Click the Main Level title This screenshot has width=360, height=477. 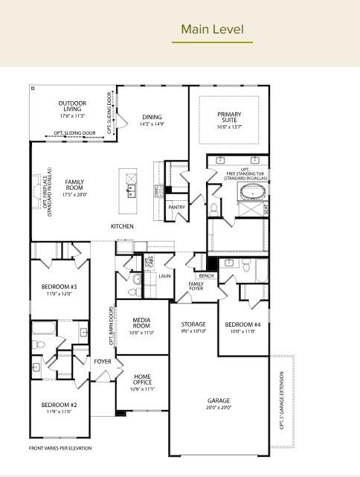click(x=212, y=30)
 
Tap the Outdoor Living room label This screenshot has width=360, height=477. click(x=72, y=106)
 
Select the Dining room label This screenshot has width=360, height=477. click(x=152, y=118)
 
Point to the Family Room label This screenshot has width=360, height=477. click(x=74, y=185)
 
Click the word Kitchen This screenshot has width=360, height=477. click(x=122, y=226)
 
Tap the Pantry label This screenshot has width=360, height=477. click(x=176, y=208)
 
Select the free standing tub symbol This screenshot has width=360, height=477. click(x=251, y=192)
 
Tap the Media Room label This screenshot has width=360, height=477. click(x=141, y=323)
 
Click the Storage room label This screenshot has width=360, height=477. click(x=193, y=324)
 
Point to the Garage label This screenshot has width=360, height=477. click(x=219, y=400)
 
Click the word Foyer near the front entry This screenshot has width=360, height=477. click(x=102, y=362)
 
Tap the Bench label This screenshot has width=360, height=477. click(x=206, y=276)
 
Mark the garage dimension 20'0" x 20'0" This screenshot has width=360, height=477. click(x=219, y=408)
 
